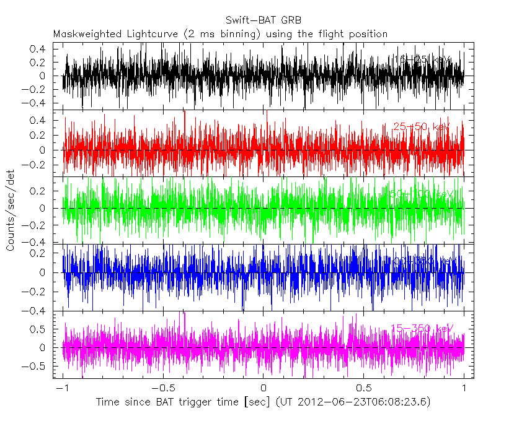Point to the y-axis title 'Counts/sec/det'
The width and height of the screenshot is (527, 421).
click(11, 210)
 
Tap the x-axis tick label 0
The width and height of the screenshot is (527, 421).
click(263, 388)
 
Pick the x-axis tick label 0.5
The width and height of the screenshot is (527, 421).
click(363, 388)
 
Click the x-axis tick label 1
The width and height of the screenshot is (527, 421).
click(464, 388)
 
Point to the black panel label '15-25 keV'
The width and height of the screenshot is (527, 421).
click(422, 59)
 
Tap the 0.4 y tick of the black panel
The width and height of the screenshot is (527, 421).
click(38, 48)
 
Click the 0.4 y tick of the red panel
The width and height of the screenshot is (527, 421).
click(38, 120)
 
